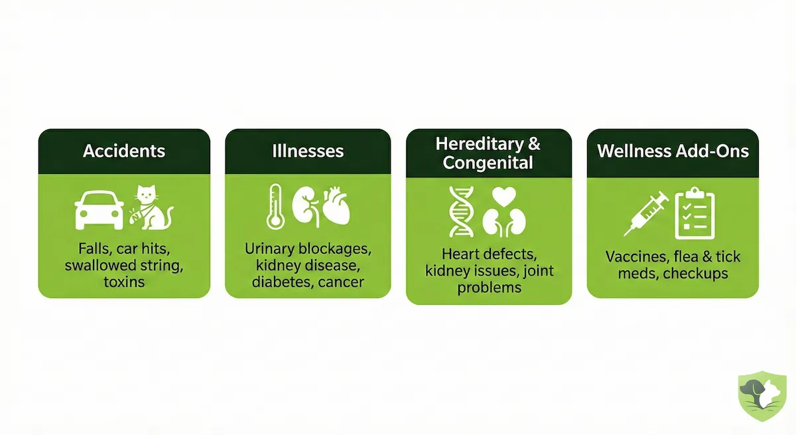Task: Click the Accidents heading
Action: pyautogui.click(x=124, y=151)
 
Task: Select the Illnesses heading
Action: pyautogui.click(x=308, y=151)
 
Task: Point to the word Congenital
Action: pyautogui.click(x=488, y=163)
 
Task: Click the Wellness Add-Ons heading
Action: pyautogui.click(x=673, y=151)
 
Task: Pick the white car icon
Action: pyautogui.click(x=99, y=209)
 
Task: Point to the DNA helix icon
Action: pyautogui.click(x=461, y=212)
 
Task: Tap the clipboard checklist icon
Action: pyautogui.click(x=695, y=212)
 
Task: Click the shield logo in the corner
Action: pyautogui.click(x=762, y=396)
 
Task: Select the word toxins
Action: pyautogui.click(x=124, y=282)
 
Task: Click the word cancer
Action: pyautogui.click(x=340, y=282)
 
